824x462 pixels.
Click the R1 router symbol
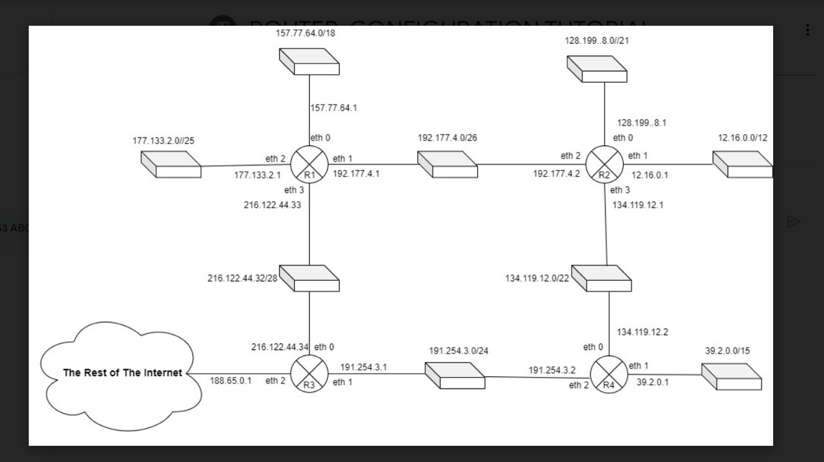[x=310, y=164]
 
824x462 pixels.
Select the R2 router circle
[x=604, y=164]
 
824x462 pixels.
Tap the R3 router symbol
[x=310, y=374]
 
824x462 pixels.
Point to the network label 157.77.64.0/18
[x=305, y=33]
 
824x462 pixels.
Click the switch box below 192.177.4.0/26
[x=447, y=164]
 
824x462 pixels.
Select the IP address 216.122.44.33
[x=273, y=205]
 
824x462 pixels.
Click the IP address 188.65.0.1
[x=230, y=380]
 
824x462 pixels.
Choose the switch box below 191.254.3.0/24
[x=455, y=376]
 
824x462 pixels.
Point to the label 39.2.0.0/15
[x=727, y=351]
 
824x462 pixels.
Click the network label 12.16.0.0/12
[x=742, y=138]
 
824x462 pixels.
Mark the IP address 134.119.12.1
[x=638, y=205]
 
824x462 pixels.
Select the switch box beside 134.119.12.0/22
[x=601, y=278]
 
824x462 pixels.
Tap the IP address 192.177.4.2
[x=556, y=173]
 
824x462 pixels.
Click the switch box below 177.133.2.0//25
[x=171, y=164]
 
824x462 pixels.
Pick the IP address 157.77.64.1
[x=333, y=108]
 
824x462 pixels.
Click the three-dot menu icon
[x=807, y=30]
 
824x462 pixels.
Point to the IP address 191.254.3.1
[x=364, y=367]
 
